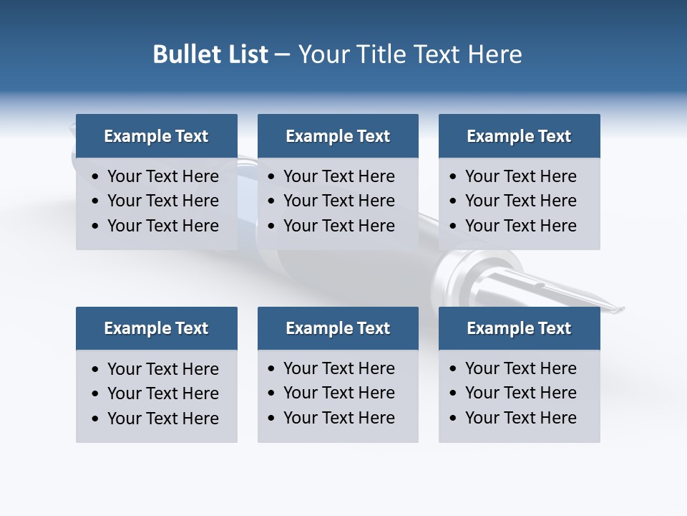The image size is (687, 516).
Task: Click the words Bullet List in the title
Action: tap(210, 54)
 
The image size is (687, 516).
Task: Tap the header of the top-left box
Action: tap(156, 136)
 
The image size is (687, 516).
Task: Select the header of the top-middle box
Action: tap(338, 136)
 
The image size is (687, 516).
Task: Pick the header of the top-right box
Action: tap(519, 136)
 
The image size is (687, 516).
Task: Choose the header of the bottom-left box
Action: tap(156, 328)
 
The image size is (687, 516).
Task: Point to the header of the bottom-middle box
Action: tap(338, 328)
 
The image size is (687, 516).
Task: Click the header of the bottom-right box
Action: tap(519, 328)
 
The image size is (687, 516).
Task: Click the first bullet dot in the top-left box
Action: tap(96, 177)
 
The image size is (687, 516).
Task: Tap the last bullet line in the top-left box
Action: tap(162, 226)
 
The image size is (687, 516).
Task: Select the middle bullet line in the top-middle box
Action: tap(338, 201)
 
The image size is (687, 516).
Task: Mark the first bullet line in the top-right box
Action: tap(520, 176)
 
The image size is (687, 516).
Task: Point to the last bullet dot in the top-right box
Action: tap(454, 226)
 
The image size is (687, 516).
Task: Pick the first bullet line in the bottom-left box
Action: tap(162, 369)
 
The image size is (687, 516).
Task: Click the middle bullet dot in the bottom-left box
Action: tap(96, 394)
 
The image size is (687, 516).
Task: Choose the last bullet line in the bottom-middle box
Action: tap(338, 418)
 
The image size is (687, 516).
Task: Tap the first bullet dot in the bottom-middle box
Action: tap(272, 369)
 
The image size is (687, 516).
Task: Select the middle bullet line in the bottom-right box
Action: tap(520, 393)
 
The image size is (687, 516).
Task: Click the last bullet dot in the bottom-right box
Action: tap(454, 419)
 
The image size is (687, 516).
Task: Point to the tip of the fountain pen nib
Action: tap(623, 310)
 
